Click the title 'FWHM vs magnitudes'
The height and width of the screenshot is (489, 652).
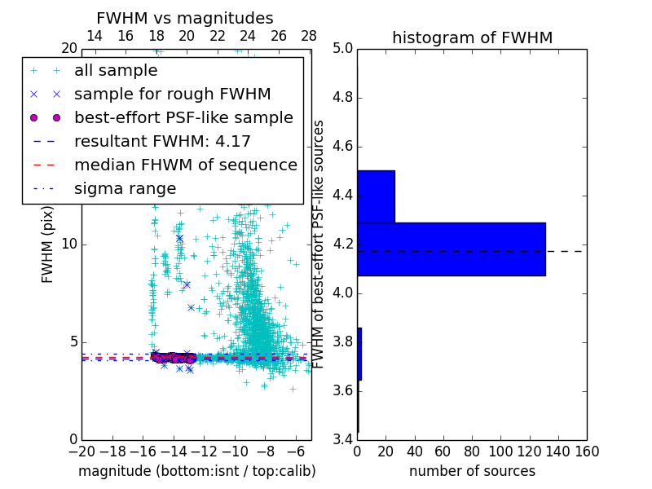[185, 18]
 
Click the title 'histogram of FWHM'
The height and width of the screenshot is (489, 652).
[472, 37]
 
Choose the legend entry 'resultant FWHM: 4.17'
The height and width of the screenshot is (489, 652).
[162, 141]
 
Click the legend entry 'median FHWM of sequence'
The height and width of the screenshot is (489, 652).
[185, 165]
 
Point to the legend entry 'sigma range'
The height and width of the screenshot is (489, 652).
[125, 188]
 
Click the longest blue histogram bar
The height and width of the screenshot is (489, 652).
[451, 249]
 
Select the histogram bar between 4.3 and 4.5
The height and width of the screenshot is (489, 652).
[376, 196]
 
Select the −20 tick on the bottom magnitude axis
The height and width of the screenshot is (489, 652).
[81, 451]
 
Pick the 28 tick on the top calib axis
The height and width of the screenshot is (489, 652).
[309, 36]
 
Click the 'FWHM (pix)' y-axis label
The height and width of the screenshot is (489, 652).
[48, 244]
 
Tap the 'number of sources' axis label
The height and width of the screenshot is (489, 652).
[472, 471]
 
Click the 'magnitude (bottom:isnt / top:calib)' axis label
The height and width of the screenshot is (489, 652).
[196, 471]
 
